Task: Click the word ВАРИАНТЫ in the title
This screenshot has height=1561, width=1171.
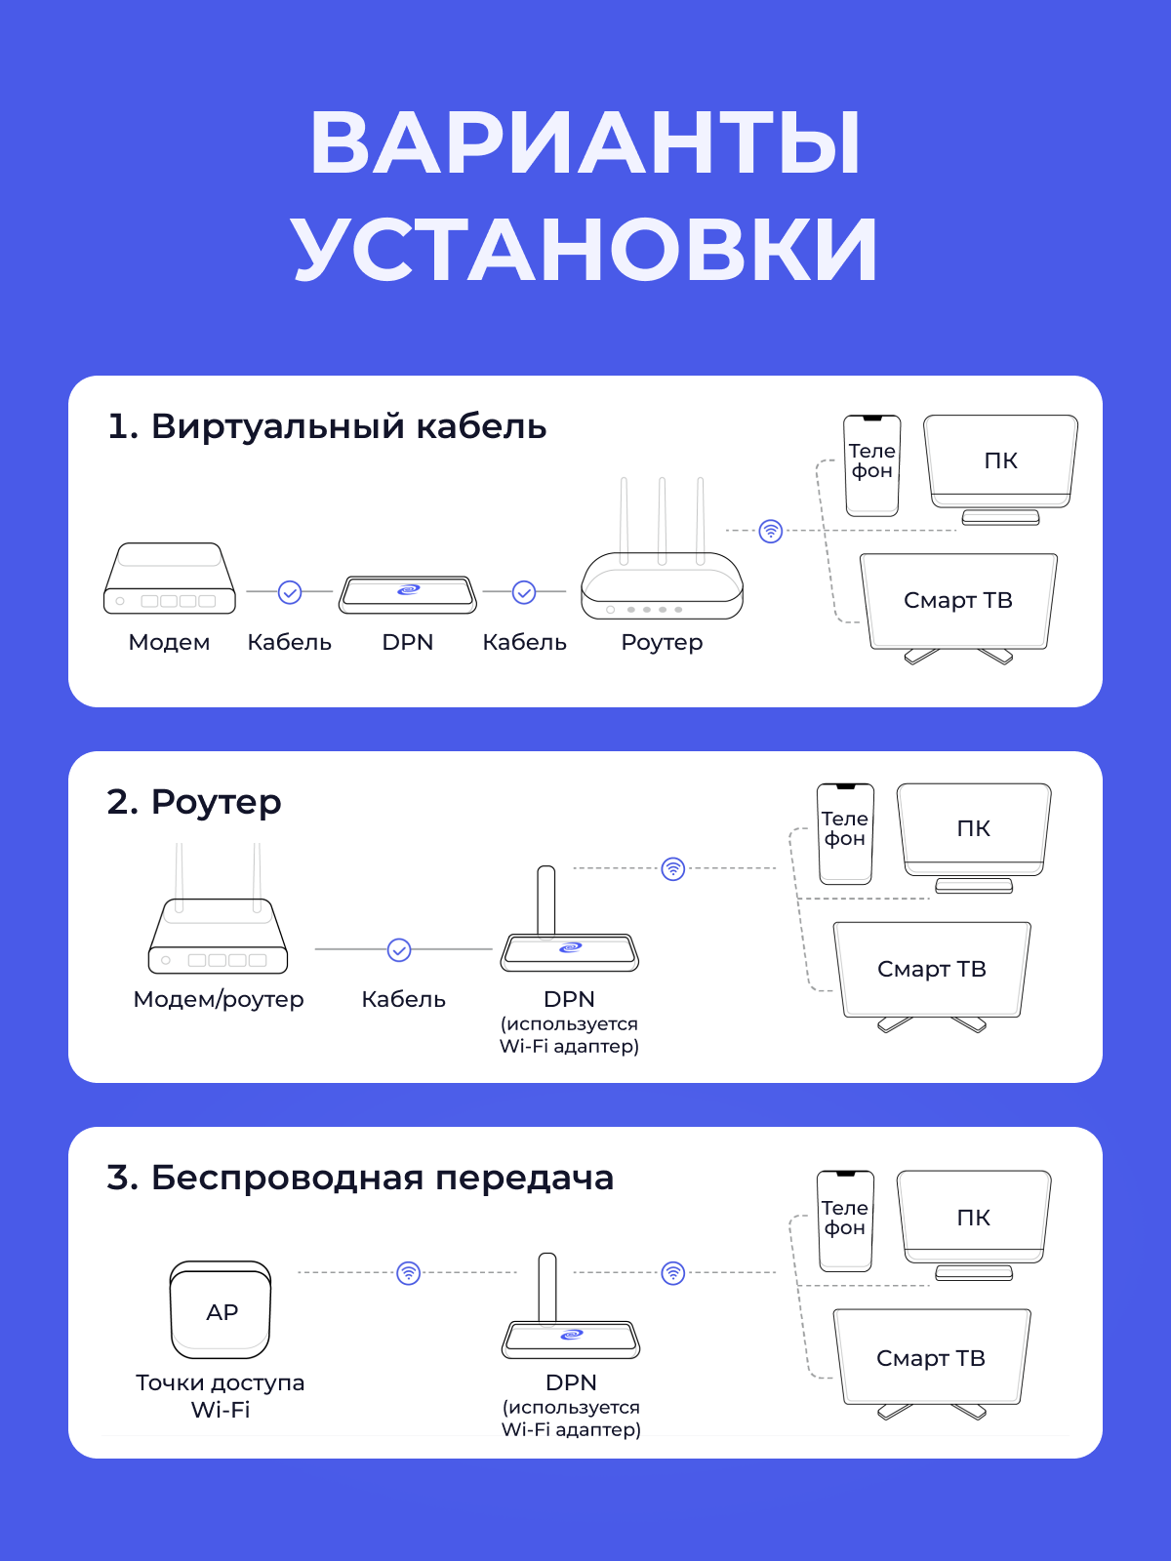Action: click(x=585, y=143)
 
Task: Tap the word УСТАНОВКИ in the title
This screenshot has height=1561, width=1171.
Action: click(x=585, y=250)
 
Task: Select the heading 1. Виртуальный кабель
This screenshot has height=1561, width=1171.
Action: click(x=327, y=426)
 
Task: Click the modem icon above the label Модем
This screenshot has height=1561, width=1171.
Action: click(x=170, y=580)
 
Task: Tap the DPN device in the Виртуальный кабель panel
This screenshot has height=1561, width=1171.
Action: click(x=408, y=593)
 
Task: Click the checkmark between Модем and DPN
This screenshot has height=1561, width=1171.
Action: click(x=290, y=592)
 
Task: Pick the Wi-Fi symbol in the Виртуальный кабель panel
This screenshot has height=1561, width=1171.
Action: click(x=771, y=531)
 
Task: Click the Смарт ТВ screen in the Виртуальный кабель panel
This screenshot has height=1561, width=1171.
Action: click(x=958, y=601)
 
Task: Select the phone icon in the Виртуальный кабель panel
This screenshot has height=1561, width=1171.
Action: click(x=871, y=464)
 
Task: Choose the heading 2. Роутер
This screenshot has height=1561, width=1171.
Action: click(x=194, y=802)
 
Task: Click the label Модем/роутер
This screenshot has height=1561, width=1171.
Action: click(x=219, y=999)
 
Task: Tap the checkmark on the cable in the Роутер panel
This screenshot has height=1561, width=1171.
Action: click(x=399, y=949)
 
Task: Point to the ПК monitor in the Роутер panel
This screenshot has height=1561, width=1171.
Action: click(x=974, y=829)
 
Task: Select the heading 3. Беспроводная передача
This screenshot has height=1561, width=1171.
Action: click(x=360, y=1178)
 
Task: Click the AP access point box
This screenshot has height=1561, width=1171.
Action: click(x=221, y=1310)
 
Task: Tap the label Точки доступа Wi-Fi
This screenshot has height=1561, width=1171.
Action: click(x=221, y=1396)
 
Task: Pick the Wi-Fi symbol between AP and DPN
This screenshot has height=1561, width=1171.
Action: click(x=409, y=1273)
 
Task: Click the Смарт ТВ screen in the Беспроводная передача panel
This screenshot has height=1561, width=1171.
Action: click(x=931, y=1358)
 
